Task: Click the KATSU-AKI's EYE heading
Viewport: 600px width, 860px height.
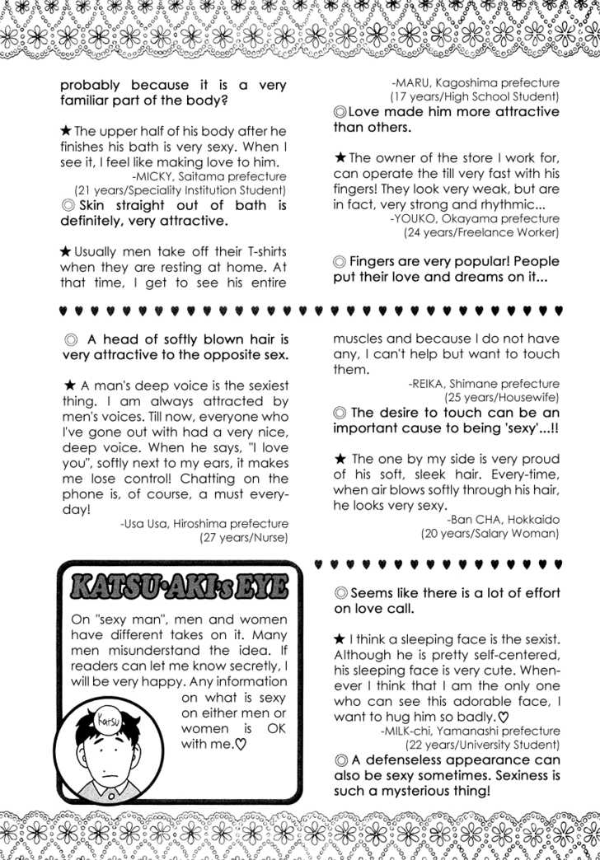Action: point(180,587)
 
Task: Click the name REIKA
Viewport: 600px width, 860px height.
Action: point(433,383)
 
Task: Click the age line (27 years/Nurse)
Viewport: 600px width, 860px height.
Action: point(243,538)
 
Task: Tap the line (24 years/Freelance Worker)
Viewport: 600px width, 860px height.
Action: point(481,232)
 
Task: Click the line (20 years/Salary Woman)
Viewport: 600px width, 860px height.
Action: point(490,534)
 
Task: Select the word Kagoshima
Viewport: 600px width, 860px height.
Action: point(480,82)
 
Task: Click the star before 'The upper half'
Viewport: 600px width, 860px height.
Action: point(66,131)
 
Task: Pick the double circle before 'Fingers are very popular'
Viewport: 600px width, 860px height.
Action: point(340,262)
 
